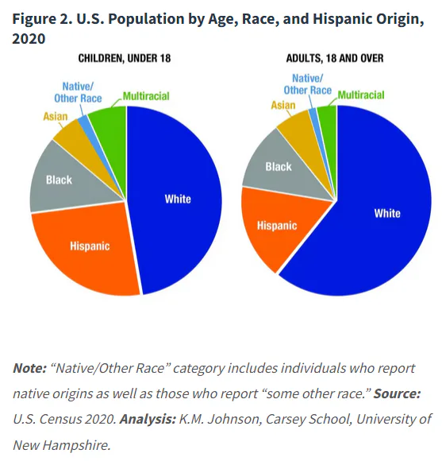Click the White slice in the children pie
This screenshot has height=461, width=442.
176,200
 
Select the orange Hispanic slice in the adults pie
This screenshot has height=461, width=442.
276,227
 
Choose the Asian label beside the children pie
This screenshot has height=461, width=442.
56,116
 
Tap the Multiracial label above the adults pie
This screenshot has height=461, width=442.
361,95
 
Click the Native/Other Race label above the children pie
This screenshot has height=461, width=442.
78,92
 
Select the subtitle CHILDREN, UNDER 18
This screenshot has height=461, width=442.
125,58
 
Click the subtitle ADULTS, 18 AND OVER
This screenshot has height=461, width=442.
335,58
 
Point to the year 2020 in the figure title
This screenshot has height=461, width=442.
29,38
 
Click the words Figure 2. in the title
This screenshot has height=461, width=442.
42,19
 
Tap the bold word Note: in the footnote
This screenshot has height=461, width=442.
29,368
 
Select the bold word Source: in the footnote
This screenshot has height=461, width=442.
397,393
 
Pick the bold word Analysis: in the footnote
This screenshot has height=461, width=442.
148,419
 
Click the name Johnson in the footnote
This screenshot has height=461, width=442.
235,419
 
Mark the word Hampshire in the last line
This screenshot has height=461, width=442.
77,445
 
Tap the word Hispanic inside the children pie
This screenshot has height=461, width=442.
90,246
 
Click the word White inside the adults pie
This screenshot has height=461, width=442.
387,213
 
